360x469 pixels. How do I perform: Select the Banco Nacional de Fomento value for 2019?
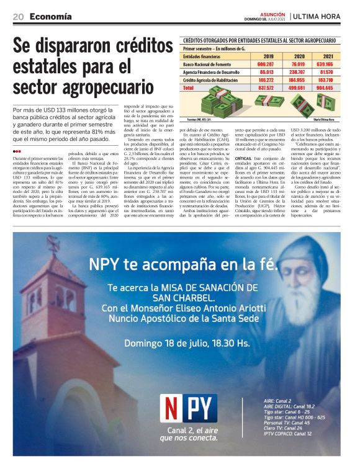[264, 64]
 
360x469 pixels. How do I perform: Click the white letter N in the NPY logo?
[172, 408]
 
